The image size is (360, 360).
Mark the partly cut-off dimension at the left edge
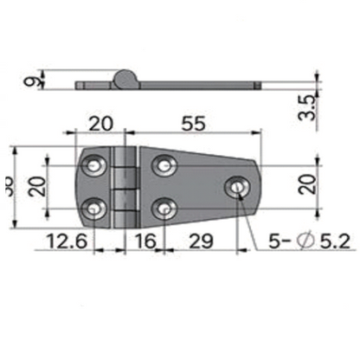[8, 185]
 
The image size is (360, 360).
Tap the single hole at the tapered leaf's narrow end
[235, 186]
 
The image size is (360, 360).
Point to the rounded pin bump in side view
[126, 79]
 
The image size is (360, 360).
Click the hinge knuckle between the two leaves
[126, 185]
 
